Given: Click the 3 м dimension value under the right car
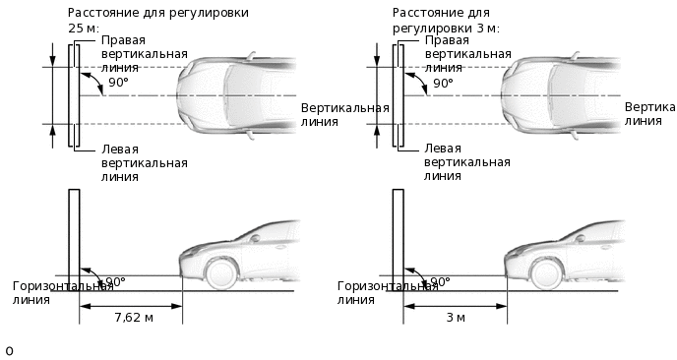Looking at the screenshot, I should click(455, 318).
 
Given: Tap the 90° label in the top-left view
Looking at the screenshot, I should click(118, 84).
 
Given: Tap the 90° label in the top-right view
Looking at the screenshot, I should click(443, 84).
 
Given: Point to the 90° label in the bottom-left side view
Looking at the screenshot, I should click(114, 282).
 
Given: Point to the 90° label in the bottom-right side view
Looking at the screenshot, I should click(439, 282).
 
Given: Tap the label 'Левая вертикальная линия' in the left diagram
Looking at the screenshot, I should click(145, 163).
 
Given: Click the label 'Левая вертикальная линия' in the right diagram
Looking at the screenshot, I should click(469, 163).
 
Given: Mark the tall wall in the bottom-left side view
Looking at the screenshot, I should click(73, 236).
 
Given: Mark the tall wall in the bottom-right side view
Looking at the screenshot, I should click(398, 236).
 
